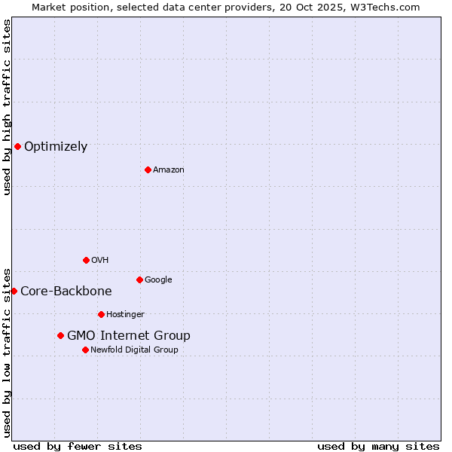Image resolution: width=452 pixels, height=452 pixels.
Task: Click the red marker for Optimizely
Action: (x=17, y=146)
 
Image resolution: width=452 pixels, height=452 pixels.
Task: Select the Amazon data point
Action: (x=148, y=169)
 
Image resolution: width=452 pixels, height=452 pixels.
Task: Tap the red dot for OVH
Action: (x=86, y=260)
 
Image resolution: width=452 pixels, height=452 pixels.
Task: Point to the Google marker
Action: (x=139, y=279)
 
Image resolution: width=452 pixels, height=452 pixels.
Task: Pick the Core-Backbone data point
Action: (x=14, y=291)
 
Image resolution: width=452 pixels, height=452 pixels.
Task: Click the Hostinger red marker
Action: (x=101, y=314)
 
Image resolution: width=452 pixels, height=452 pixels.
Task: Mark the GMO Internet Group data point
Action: (x=60, y=335)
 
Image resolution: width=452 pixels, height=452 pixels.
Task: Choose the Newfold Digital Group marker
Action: (x=85, y=350)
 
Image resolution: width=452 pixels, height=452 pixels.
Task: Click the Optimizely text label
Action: (x=56, y=147)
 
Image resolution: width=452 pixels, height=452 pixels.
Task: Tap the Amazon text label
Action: (x=168, y=170)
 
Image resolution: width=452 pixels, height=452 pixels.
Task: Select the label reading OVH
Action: (x=99, y=261)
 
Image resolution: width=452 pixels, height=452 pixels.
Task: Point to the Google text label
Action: (x=158, y=280)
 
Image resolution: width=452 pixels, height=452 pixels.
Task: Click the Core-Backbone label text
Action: (x=66, y=292)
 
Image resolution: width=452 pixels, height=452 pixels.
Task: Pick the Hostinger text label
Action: (x=125, y=315)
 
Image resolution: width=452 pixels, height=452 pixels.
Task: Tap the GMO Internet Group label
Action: (x=129, y=336)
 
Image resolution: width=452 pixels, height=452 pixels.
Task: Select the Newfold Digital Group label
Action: (x=134, y=350)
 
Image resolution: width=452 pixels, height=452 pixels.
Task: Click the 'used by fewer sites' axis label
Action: (x=78, y=446)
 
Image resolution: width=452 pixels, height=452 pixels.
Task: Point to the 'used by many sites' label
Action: (x=378, y=446)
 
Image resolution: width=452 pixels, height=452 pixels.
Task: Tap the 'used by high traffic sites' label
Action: (x=7, y=107)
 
